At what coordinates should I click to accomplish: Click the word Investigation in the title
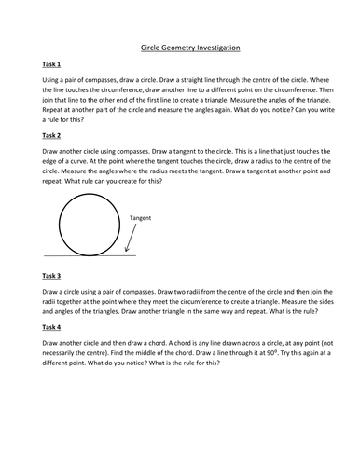point(213,44)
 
